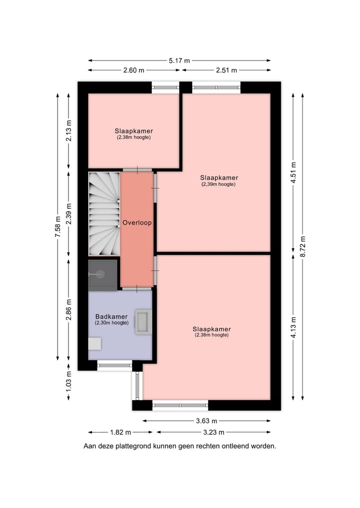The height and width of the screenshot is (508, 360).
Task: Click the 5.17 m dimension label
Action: pos(179,60)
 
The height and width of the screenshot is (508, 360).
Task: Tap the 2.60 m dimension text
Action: pos(133,70)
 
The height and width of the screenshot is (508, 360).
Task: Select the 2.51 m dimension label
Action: pos(226,70)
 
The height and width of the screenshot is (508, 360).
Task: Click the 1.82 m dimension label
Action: pos(120,432)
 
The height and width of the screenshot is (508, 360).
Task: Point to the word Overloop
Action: pos(137,223)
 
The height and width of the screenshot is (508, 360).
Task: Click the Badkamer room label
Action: pos(111,317)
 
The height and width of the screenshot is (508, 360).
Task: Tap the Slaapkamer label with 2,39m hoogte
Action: pos(218,178)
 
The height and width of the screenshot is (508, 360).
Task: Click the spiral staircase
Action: pos(104,213)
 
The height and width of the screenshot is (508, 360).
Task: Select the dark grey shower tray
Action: pos(103,274)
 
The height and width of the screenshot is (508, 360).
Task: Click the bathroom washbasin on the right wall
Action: pos(144,322)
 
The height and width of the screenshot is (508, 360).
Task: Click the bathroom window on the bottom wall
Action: pos(114,366)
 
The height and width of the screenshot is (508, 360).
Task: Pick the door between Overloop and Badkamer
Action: pos(137,289)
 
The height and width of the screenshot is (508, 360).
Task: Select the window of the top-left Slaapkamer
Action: pos(165,87)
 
